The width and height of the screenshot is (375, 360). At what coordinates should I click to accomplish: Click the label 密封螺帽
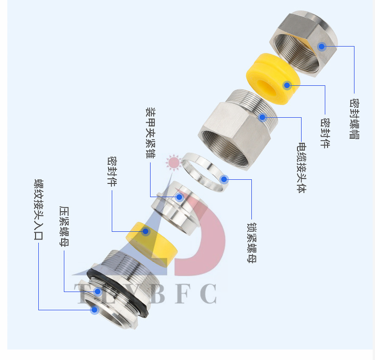pos(354,118)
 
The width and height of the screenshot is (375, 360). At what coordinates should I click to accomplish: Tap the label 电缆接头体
pos(301,168)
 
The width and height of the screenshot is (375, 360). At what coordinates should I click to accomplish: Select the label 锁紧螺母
pos(251,242)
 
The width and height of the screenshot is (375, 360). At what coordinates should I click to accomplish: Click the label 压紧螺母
pos(64,226)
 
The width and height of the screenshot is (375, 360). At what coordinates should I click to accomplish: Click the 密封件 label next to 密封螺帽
pos(325,133)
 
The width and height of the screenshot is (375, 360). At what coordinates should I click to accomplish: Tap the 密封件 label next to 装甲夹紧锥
pos(112,171)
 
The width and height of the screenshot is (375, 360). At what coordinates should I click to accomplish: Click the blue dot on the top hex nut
pos(322,47)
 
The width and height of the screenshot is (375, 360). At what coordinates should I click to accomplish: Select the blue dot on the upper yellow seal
pos(287,85)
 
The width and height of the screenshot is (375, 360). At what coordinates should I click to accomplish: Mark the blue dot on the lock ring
pos(224,179)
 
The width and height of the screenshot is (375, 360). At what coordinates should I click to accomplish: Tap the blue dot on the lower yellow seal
pos(146,231)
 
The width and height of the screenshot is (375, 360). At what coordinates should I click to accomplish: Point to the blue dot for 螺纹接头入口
pos(94,310)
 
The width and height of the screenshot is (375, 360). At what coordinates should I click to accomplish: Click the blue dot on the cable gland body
pos(262,117)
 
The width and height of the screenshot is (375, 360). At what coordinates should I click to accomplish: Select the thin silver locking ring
pos(203,171)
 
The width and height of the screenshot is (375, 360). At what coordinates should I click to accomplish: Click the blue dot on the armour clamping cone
pos(179,197)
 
